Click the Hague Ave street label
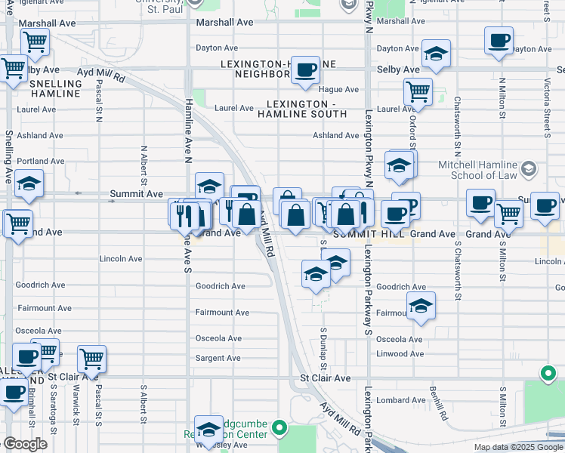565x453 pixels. [x=342, y=89]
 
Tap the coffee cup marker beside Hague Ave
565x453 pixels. [x=305, y=70]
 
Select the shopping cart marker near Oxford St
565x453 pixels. [x=418, y=92]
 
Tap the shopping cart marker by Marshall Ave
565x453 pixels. [x=35, y=43]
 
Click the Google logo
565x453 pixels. [x=25, y=444]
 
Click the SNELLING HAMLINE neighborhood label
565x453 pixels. [x=55, y=88]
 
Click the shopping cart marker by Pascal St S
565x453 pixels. [x=91, y=359]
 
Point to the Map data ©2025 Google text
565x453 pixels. [x=517, y=447]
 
